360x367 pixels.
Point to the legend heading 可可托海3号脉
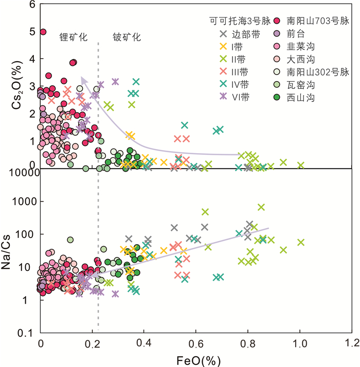(x=232, y=22)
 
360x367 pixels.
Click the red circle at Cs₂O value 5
(x=43, y=32)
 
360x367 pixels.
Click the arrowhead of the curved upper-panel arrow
(x=83, y=79)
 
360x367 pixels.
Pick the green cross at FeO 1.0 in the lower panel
(x=301, y=242)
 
